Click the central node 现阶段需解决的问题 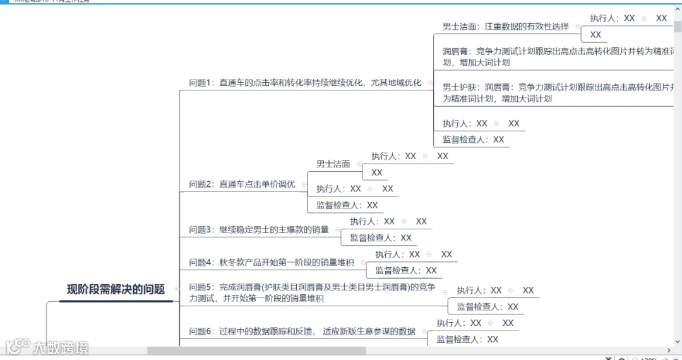pyautogui.click(x=116, y=290)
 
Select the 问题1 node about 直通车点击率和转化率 pyautogui.click(x=305, y=83)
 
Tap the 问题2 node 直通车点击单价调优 pyautogui.click(x=242, y=184)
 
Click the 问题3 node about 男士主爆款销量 pyautogui.click(x=259, y=230)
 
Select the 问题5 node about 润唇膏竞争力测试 pyautogui.click(x=312, y=293)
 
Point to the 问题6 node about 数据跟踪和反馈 pyautogui.click(x=302, y=331)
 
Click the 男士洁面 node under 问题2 pyautogui.click(x=333, y=164)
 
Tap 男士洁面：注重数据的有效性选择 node pyautogui.click(x=505, y=27)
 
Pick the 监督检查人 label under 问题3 pyautogui.click(x=381, y=238)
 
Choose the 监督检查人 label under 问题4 pyautogui.click(x=406, y=270)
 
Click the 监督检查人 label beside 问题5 pyautogui.click(x=488, y=307)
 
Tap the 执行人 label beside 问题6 pyautogui.click(x=458, y=323)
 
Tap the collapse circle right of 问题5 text pyautogui.click(x=445, y=292)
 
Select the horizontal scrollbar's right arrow pyautogui.click(x=669, y=351)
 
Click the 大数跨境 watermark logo pyautogui.click(x=47, y=347)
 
